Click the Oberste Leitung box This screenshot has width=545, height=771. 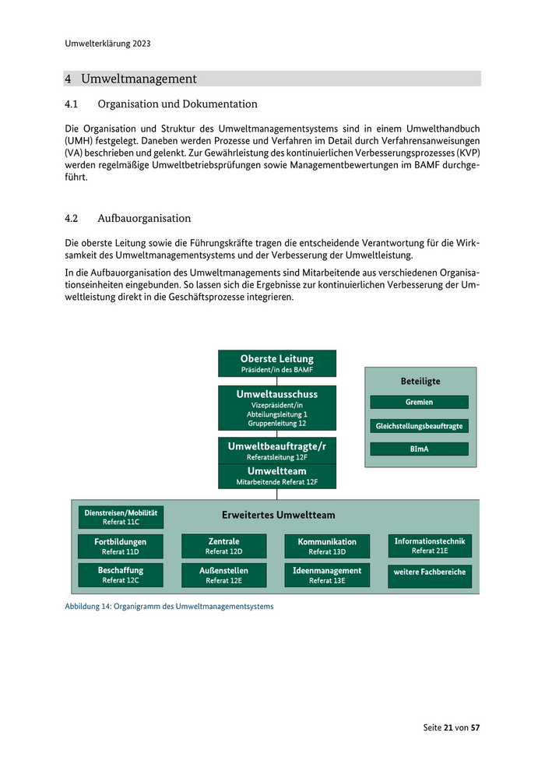click(x=277, y=363)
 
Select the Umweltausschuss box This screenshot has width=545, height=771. click(x=277, y=408)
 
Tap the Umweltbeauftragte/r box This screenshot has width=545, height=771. click(x=277, y=451)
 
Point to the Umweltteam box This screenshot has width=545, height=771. click(x=277, y=476)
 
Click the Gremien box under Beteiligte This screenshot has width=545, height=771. click(x=419, y=402)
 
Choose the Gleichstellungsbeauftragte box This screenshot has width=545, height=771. click(x=419, y=426)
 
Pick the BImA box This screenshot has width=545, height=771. click(x=419, y=449)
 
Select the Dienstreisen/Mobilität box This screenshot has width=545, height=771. click(x=121, y=517)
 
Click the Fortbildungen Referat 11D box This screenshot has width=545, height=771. click(x=121, y=546)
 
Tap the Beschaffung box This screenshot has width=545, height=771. click(x=121, y=575)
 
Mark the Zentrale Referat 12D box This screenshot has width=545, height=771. click(x=224, y=546)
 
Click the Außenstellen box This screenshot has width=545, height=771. click(x=224, y=575)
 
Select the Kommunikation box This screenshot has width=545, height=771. click(x=327, y=546)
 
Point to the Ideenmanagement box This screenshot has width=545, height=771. click(x=327, y=575)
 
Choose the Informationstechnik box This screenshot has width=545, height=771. click(x=430, y=545)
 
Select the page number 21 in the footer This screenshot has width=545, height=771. click(x=448, y=727)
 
